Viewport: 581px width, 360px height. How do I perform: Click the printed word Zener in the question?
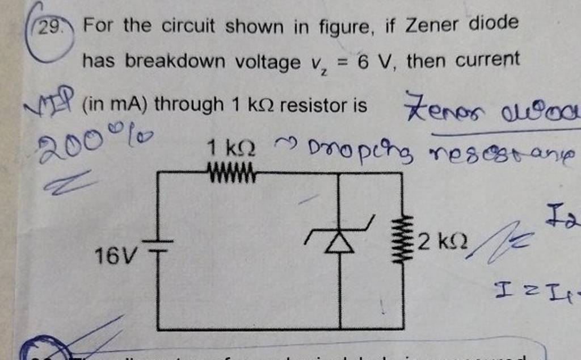[436, 25]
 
